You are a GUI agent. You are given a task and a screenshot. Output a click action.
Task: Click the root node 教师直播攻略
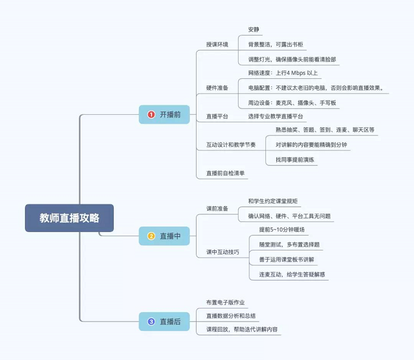point(69,218)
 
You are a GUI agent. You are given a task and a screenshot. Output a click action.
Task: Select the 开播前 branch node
point(165,114)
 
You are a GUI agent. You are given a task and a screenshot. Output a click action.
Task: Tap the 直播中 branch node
point(165,236)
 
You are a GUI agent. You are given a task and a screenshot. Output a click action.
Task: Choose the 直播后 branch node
point(165,322)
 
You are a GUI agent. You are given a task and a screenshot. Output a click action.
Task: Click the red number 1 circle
point(151,114)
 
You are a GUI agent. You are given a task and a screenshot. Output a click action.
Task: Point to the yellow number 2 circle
point(151,236)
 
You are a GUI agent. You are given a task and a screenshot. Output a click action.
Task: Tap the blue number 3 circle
point(151,322)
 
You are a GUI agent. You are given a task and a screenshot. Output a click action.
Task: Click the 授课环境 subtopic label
point(217,44)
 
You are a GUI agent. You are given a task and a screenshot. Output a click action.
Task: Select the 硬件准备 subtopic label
point(217,88)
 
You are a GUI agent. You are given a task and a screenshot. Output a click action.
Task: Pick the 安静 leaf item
point(253,29)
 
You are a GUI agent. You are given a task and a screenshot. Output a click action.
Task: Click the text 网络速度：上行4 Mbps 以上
point(283,73)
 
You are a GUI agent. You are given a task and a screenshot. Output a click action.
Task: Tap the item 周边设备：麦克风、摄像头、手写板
point(292,102)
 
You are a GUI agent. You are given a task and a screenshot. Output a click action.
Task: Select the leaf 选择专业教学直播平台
point(275,117)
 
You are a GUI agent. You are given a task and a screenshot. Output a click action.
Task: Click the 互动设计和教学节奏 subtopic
point(231,145)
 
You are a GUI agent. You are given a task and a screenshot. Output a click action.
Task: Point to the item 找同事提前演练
point(295,160)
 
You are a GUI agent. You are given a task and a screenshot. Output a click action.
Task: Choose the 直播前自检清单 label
point(226,173)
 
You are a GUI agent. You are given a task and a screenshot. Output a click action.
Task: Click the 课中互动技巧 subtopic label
point(223,252)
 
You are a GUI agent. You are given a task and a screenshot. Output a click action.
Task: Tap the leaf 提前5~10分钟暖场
point(282,230)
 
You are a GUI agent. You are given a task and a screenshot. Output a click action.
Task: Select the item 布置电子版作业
point(225,302)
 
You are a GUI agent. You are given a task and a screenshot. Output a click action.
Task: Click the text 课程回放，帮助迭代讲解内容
point(242,329)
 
